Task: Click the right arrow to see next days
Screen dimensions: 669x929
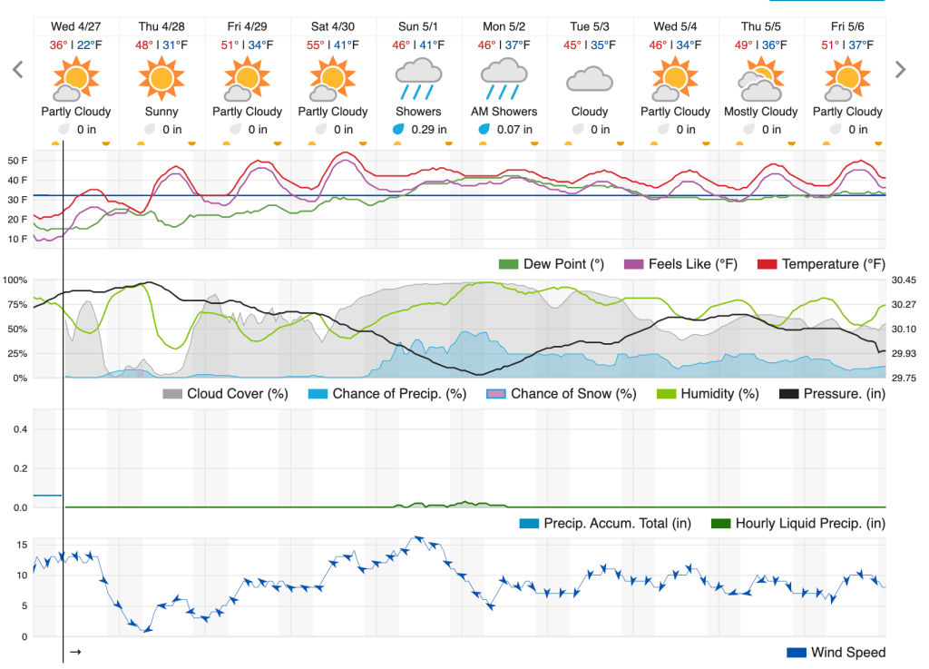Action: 900,70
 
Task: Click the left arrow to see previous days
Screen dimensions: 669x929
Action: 16,70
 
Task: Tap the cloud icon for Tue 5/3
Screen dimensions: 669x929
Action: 590,80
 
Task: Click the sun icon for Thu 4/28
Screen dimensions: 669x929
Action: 161,78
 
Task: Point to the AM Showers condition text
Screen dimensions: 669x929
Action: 504,112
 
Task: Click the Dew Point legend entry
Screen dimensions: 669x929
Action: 552,264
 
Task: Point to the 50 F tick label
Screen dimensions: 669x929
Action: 18,161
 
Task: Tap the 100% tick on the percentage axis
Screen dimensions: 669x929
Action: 18,280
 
